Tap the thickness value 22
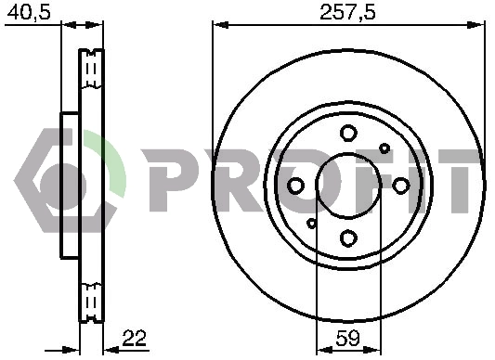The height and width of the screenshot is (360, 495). coord(134,339)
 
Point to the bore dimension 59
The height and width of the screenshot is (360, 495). coord(348,339)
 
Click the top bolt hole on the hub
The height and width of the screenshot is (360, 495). coord(348,134)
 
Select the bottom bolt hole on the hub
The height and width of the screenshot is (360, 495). coord(348,238)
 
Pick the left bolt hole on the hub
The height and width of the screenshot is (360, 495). coord(295,186)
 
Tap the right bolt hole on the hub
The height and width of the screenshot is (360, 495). coord(400,186)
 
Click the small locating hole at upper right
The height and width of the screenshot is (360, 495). coord(384,148)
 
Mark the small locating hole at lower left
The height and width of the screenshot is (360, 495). coord(311,224)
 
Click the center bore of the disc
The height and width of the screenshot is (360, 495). coord(348,186)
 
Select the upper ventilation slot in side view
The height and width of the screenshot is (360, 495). coord(91,70)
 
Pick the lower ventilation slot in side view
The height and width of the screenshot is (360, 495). coord(91,302)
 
